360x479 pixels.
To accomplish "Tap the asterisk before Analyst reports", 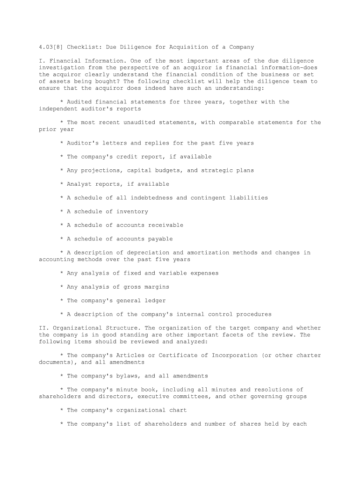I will coord(62,184).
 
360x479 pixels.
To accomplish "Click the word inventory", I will coord(132,211).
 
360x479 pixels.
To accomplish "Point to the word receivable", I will coord(166,225).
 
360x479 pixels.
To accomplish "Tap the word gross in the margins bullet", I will coord(132,287).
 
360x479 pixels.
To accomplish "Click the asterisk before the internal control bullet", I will coord(62,314).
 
